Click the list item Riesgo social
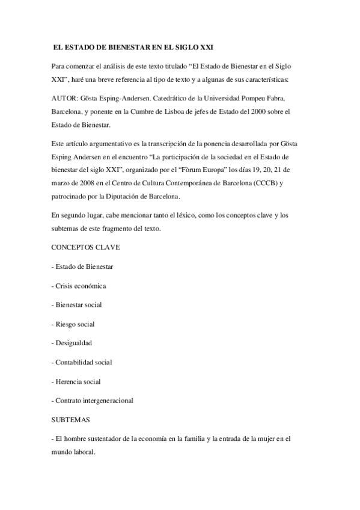point(75,325)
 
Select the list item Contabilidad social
point(84,363)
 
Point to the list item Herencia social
point(79,382)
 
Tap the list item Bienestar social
point(79,306)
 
